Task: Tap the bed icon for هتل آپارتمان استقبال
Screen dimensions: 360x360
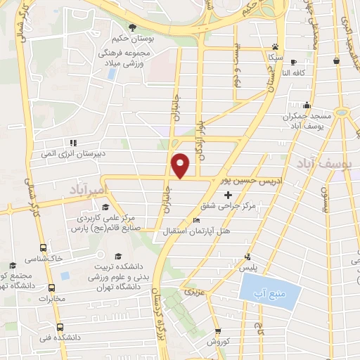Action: click(x=195, y=220)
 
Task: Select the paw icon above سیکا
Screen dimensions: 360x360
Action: click(x=273, y=45)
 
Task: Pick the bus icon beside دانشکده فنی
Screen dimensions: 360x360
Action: click(x=60, y=327)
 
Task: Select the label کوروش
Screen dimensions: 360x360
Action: click(x=219, y=342)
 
